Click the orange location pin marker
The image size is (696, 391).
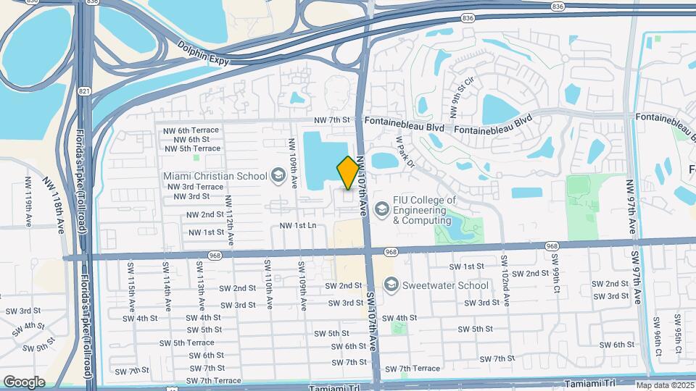point(348,172)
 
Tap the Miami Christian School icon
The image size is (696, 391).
point(277,175)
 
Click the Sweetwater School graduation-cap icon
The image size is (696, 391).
point(392,285)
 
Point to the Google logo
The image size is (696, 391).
point(24,382)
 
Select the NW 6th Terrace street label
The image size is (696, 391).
point(191,130)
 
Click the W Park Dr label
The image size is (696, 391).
point(404,154)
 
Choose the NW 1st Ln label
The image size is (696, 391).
point(298,226)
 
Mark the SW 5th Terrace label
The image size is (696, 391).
point(191,342)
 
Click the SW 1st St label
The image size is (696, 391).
point(468,266)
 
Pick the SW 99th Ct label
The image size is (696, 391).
point(556,269)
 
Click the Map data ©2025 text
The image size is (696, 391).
point(665,384)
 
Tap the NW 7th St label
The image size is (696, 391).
point(332,120)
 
